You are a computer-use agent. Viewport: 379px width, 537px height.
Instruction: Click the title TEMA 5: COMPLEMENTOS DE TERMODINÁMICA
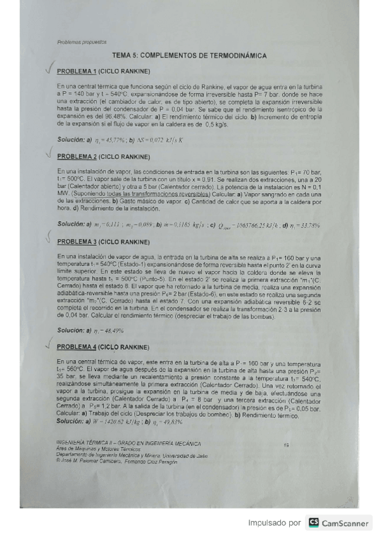click(189, 56)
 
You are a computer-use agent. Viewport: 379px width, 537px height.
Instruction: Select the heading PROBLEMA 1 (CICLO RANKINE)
click(103, 71)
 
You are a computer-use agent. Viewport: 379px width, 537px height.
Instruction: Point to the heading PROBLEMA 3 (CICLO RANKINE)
click(103, 242)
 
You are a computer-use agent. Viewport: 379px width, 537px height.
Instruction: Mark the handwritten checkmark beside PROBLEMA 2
click(48, 153)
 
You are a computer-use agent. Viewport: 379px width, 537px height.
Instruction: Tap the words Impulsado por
click(273, 523)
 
